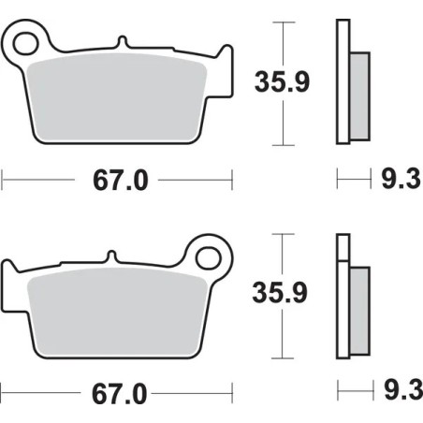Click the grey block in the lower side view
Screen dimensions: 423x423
(358, 309)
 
